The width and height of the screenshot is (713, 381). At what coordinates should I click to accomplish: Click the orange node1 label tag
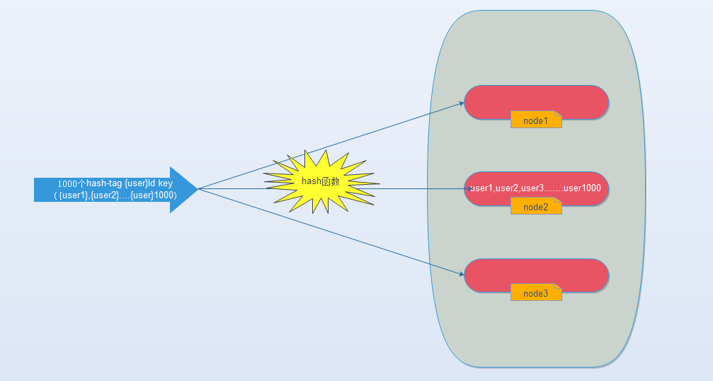click(x=536, y=120)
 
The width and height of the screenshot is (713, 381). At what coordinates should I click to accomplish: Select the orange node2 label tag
click(x=536, y=206)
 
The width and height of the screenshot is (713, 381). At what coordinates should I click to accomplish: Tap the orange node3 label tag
click(x=536, y=292)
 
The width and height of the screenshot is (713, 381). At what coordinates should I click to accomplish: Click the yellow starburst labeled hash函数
click(x=321, y=182)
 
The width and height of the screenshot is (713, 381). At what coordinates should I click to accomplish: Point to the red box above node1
click(x=536, y=102)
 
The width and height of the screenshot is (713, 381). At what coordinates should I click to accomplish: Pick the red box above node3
click(x=536, y=275)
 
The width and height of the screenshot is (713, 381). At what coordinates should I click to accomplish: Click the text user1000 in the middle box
click(x=582, y=188)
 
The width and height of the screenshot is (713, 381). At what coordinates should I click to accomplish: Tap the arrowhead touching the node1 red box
click(x=461, y=103)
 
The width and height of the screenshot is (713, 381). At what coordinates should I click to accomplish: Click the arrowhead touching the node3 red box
click(x=461, y=273)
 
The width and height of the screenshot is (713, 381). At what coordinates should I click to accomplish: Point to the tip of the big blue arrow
click(x=198, y=189)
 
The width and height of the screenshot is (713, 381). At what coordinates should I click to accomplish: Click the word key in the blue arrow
click(x=165, y=183)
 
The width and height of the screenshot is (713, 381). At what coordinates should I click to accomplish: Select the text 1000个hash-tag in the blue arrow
click(x=90, y=183)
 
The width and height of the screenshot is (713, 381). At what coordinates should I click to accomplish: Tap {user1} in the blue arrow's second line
click(x=73, y=195)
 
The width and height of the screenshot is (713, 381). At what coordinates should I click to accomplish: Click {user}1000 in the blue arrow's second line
click(x=152, y=195)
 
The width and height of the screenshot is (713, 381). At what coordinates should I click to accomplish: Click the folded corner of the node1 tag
click(x=559, y=114)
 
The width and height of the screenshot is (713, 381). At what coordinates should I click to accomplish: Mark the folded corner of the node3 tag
click(x=559, y=287)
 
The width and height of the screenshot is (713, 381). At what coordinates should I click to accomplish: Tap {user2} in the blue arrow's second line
click(x=104, y=195)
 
